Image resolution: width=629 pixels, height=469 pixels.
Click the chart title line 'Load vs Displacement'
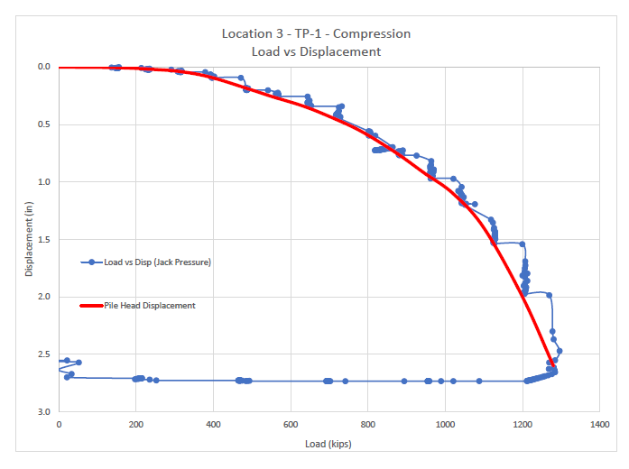point(316,51)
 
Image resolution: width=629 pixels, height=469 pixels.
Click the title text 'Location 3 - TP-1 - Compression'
point(316,33)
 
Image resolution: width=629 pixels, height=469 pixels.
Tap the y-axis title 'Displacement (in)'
point(27,239)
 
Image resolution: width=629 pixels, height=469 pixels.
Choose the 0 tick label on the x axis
point(59,423)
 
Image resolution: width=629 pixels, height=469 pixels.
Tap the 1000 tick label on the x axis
point(445,423)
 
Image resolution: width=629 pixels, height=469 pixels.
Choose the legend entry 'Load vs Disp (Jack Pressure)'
point(158,262)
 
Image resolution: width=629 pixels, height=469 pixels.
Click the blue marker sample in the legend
point(91,262)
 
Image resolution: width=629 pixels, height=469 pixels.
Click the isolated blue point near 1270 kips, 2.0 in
point(549,295)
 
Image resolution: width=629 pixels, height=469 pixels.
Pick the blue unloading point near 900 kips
point(404,381)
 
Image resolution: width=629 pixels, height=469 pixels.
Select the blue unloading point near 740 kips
point(345,381)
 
